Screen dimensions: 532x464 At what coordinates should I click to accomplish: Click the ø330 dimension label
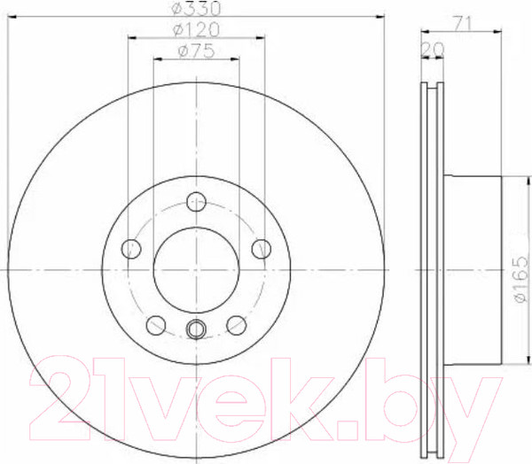click(197, 9)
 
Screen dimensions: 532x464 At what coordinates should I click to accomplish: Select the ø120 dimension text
click(197, 30)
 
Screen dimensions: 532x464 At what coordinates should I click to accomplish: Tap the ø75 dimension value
click(197, 51)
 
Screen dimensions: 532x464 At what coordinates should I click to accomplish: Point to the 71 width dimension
click(464, 24)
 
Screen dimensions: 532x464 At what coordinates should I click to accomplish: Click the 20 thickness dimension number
click(433, 50)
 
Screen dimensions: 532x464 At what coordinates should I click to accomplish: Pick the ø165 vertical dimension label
click(521, 279)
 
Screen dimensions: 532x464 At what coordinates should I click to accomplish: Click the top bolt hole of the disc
click(197, 201)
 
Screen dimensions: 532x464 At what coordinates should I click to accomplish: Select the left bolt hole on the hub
click(131, 249)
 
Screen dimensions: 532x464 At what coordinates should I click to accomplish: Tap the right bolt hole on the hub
click(262, 249)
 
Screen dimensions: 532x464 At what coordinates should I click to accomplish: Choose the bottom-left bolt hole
click(156, 325)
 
